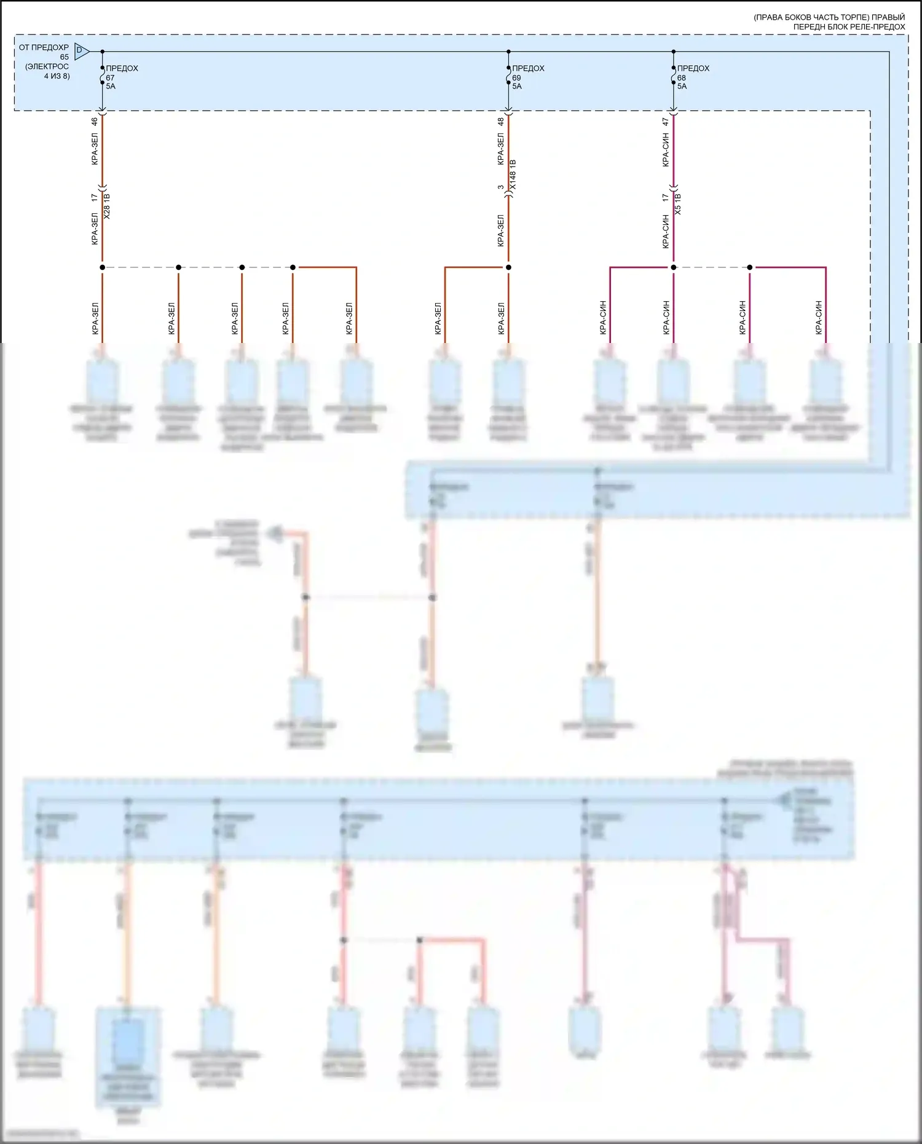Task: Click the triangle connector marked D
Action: point(81,51)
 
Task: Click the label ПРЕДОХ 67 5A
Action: point(121,77)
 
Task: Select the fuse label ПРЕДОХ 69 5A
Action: point(527,77)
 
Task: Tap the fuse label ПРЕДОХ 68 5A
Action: point(692,77)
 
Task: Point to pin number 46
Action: point(95,122)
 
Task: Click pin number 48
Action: point(501,122)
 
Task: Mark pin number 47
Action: point(666,122)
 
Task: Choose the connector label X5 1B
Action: point(678,204)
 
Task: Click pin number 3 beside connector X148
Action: point(501,187)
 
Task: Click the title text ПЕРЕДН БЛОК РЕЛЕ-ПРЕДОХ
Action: point(848,27)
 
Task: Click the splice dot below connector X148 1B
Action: point(508,267)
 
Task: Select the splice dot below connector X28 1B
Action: point(102,267)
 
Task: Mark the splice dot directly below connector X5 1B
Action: point(673,267)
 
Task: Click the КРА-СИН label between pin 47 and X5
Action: point(666,150)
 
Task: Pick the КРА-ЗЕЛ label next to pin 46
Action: point(95,150)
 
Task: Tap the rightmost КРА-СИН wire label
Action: point(819,318)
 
